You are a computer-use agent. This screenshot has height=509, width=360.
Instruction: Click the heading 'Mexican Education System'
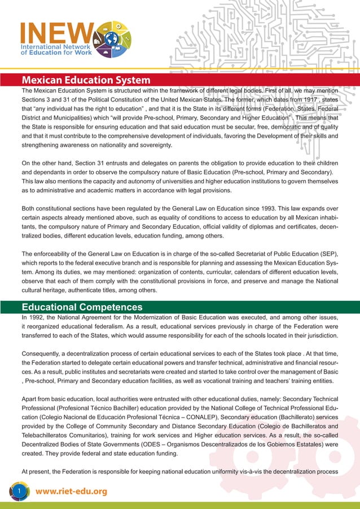[x=86, y=80]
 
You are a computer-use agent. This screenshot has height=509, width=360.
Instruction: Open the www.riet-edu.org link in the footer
[x=71, y=492]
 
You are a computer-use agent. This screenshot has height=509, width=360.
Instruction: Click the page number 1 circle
[x=19, y=492]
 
